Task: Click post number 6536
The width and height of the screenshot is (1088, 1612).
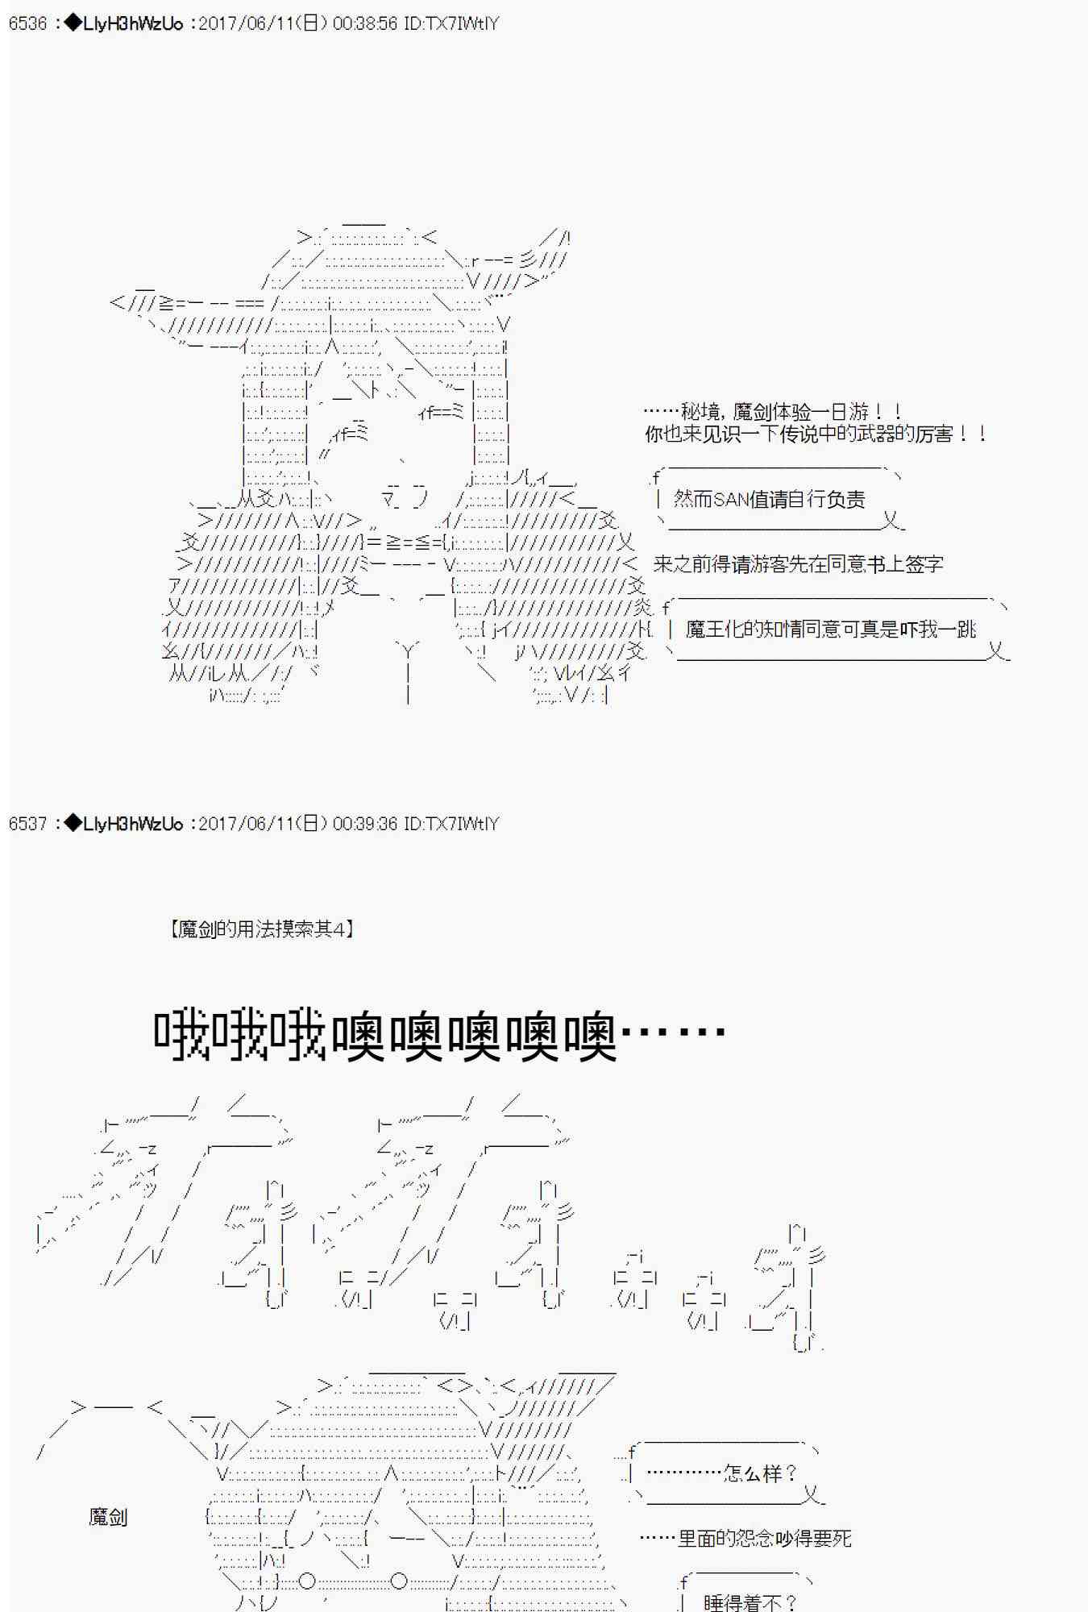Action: (28, 23)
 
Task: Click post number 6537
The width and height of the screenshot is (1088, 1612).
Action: (28, 824)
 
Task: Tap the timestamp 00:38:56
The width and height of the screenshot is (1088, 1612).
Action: (365, 23)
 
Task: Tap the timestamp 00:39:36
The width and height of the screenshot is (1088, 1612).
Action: (365, 824)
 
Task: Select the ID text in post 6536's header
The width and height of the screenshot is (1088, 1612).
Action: (451, 23)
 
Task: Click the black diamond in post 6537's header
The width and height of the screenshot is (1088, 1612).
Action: (73, 824)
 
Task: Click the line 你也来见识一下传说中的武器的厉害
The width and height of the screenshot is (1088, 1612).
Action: (816, 434)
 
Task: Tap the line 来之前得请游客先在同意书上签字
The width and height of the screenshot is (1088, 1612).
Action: (798, 564)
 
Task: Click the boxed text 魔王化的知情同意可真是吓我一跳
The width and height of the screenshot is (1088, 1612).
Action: (830, 629)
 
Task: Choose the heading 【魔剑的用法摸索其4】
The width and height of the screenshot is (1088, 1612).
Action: (263, 929)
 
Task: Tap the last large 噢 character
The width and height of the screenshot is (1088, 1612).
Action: (590, 1036)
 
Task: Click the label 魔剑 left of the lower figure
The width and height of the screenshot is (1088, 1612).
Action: (108, 1517)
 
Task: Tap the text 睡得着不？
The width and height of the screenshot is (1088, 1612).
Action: (750, 1602)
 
